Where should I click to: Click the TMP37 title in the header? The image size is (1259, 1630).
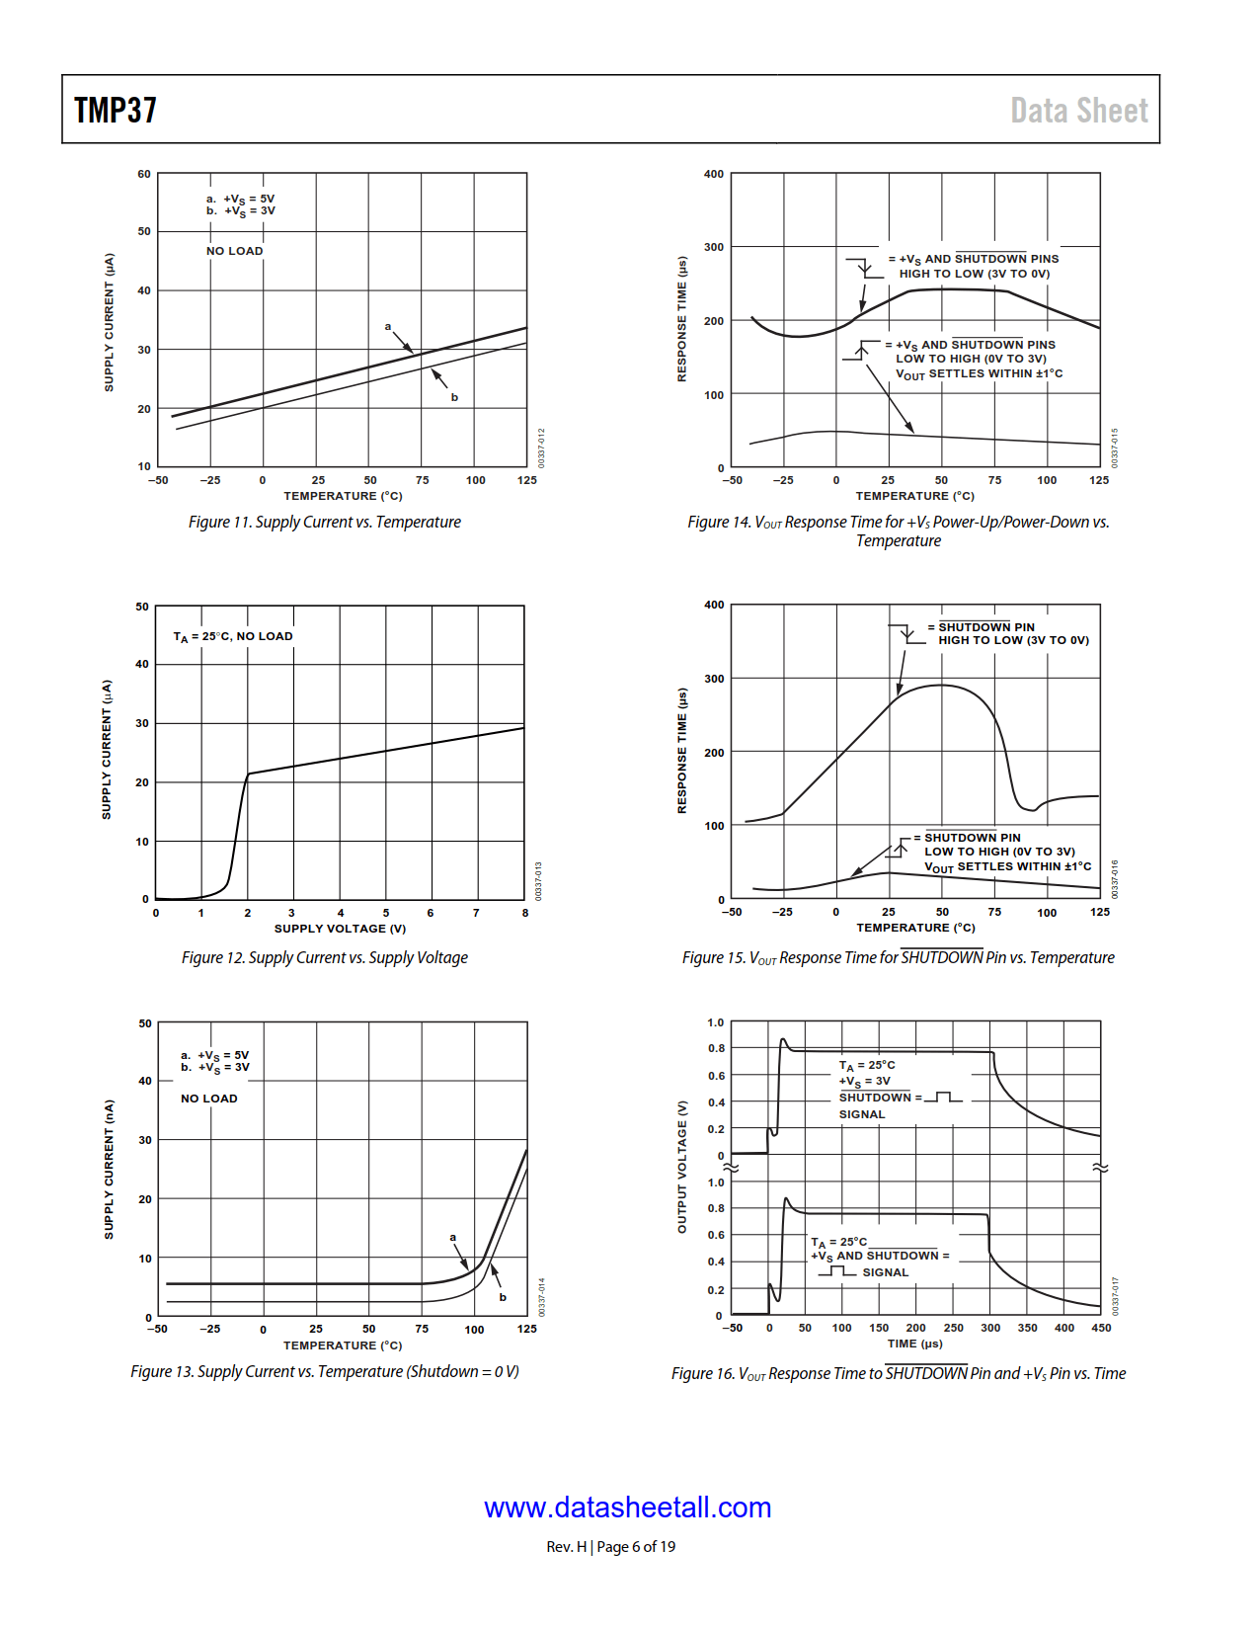pos(116,110)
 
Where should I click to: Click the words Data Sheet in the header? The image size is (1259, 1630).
pos(1078,111)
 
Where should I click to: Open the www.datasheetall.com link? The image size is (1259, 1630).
pos(627,1508)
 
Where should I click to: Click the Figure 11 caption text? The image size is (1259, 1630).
pos(324,523)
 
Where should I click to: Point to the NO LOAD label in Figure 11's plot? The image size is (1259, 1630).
pos(235,251)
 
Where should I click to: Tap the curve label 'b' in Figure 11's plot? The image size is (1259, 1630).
pos(454,397)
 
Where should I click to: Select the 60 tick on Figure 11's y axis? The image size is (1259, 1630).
pos(144,174)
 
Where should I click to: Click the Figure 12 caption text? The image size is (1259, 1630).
pos(324,958)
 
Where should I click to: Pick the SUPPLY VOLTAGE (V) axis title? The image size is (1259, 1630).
pos(340,929)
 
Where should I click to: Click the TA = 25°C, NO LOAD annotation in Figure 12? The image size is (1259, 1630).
pos(233,637)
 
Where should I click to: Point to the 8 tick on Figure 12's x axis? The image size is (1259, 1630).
pos(525,913)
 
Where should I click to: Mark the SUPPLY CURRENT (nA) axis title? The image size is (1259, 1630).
pos(110,1170)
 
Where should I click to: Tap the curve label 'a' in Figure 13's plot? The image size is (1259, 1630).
pos(453,1237)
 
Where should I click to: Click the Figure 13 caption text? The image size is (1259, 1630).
pos(324,1372)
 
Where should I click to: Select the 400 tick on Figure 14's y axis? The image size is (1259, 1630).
pos(714,174)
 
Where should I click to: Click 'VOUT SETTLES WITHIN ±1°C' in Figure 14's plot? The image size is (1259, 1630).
pos(979,374)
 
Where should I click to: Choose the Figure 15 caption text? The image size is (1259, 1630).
pos(898,958)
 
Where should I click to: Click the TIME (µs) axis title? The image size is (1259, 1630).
pos(914,1344)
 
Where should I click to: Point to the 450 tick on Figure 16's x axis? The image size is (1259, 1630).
pos(1101,1328)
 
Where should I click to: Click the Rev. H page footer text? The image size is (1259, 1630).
pos(611,1547)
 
